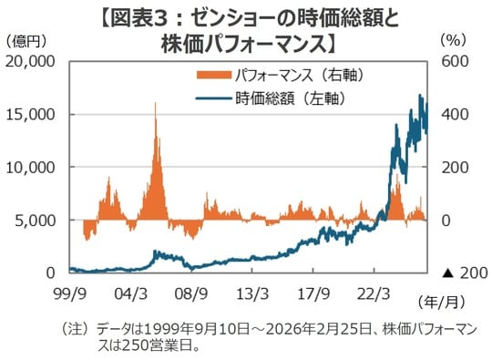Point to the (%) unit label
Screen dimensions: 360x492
[453, 41]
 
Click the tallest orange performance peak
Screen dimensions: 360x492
[156, 105]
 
